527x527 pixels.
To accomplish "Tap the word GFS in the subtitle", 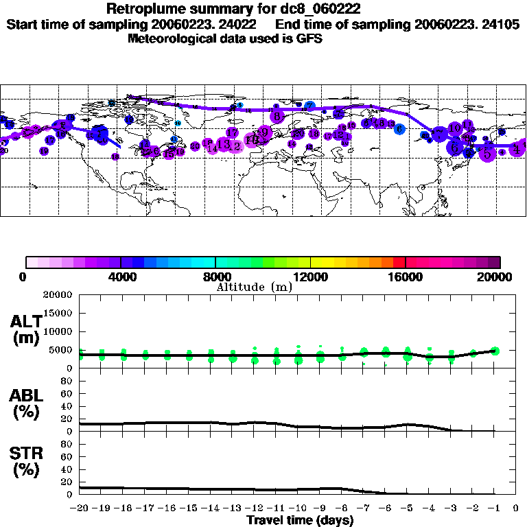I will (309, 39).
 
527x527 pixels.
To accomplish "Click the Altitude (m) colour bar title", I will (254, 287).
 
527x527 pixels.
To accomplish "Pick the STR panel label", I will (25, 460).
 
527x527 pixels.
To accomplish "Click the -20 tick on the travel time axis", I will (80, 509).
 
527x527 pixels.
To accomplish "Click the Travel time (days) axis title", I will (299, 521).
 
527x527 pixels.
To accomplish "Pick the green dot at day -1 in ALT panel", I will (495, 351).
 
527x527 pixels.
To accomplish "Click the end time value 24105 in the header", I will (500, 24).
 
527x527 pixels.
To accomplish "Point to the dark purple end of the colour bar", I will (495, 262).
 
